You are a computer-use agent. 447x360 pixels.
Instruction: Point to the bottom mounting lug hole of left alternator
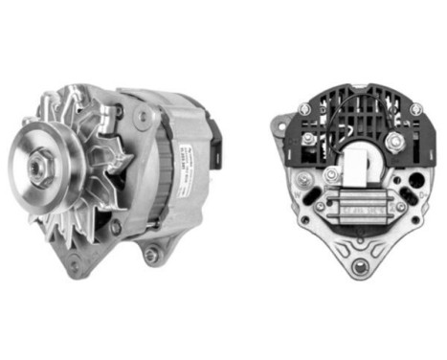[x=150, y=253]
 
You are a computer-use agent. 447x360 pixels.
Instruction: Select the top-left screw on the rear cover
[x=304, y=109]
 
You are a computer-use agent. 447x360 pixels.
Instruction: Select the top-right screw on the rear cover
[x=413, y=109]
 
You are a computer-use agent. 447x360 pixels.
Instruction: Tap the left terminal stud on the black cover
[x=308, y=141]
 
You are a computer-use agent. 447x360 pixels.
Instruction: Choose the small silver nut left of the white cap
[x=331, y=174]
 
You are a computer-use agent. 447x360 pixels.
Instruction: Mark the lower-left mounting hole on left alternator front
[x=78, y=263]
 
